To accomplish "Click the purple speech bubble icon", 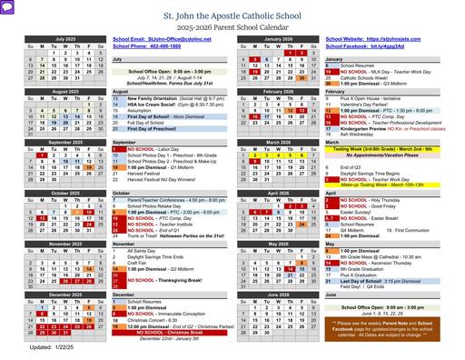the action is coord(7,6).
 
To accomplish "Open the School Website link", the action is coord(372,40).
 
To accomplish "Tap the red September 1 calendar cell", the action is coord(42,155).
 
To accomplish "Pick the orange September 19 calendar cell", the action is coord(89,168).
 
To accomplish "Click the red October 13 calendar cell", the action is coord(42,219).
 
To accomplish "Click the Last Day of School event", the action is coord(372,282).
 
